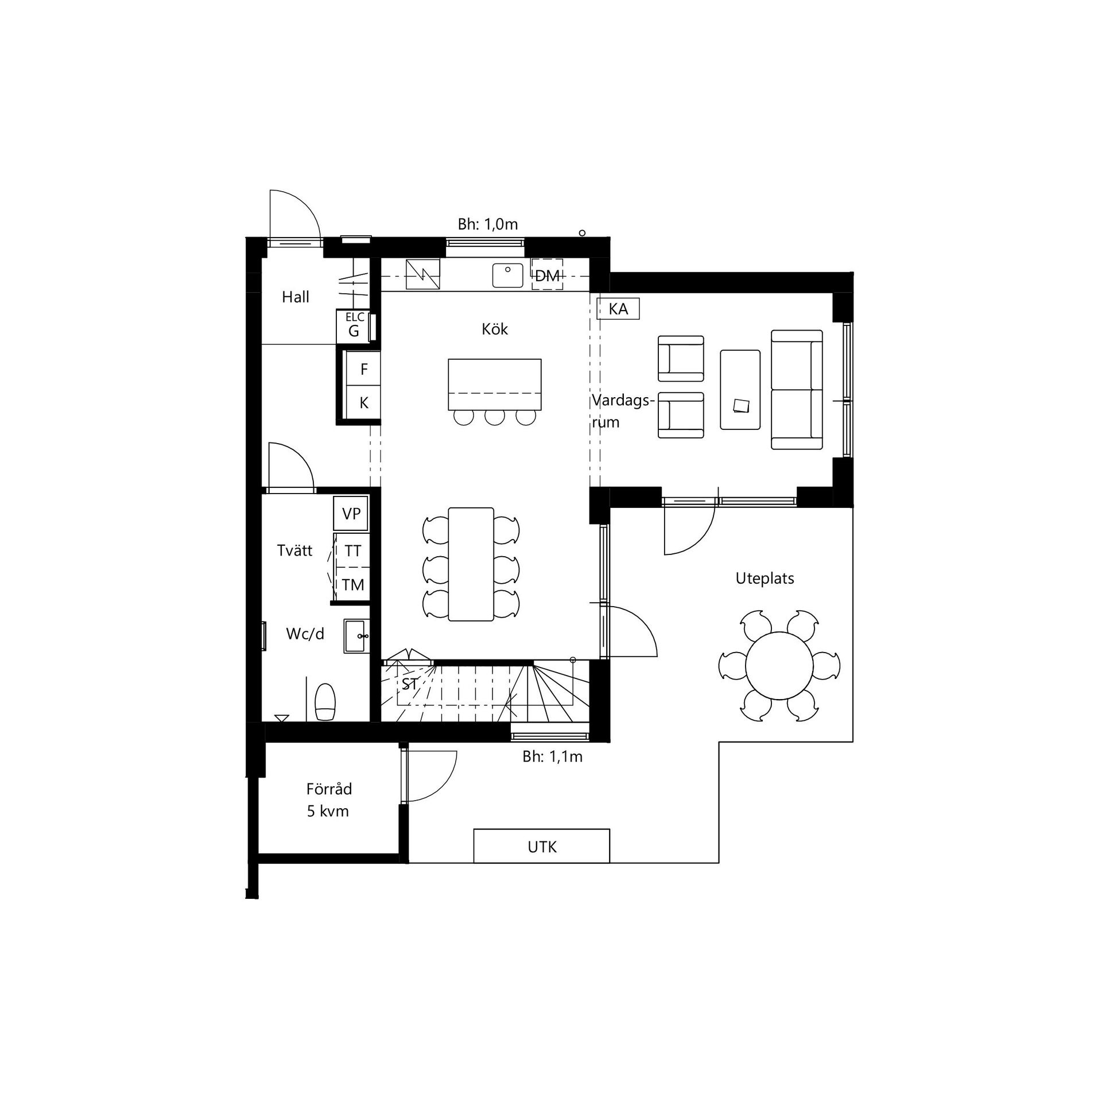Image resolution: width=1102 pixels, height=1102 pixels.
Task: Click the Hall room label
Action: pyautogui.click(x=296, y=297)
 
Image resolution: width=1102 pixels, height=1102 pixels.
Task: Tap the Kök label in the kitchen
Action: pyautogui.click(x=495, y=329)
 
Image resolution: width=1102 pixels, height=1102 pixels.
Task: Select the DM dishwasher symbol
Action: pyautogui.click(x=547, y=275)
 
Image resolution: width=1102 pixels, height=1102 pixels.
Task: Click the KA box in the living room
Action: pyautogui.click(x=618, y=309)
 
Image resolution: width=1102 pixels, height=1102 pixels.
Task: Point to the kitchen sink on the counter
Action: pyautogui.click(x=507, y=275)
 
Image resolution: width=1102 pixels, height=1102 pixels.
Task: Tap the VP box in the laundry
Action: pyautogui.click(x=351, y=513)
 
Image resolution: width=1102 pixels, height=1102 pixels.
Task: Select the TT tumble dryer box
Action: pyautogui.click(x=352, y=550)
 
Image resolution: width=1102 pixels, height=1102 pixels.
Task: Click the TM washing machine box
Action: pyautogui.click(x=352, y=584)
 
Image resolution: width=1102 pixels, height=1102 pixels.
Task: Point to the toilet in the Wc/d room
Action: pyautogui.click(x=325, y=701)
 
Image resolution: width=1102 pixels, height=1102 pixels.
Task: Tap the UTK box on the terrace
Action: pyautogui.click(x=541, y=846)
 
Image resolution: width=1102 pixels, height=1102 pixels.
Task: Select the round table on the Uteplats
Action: pyautogui.click(x=779, y=666)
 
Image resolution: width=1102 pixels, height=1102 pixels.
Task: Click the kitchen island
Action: pyautogui.click(x=495, y=385)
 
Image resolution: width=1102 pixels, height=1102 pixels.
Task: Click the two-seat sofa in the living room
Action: pyautogui.click(x=797, y=390)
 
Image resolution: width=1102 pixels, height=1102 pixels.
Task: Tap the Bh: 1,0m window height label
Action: pyautogui.click(x=488, y=224)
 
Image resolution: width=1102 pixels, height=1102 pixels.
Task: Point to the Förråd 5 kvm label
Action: pyautogui.click(x=328, y=800)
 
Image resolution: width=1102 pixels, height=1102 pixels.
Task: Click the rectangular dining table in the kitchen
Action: pyautogui.click(x=471, y=564)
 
